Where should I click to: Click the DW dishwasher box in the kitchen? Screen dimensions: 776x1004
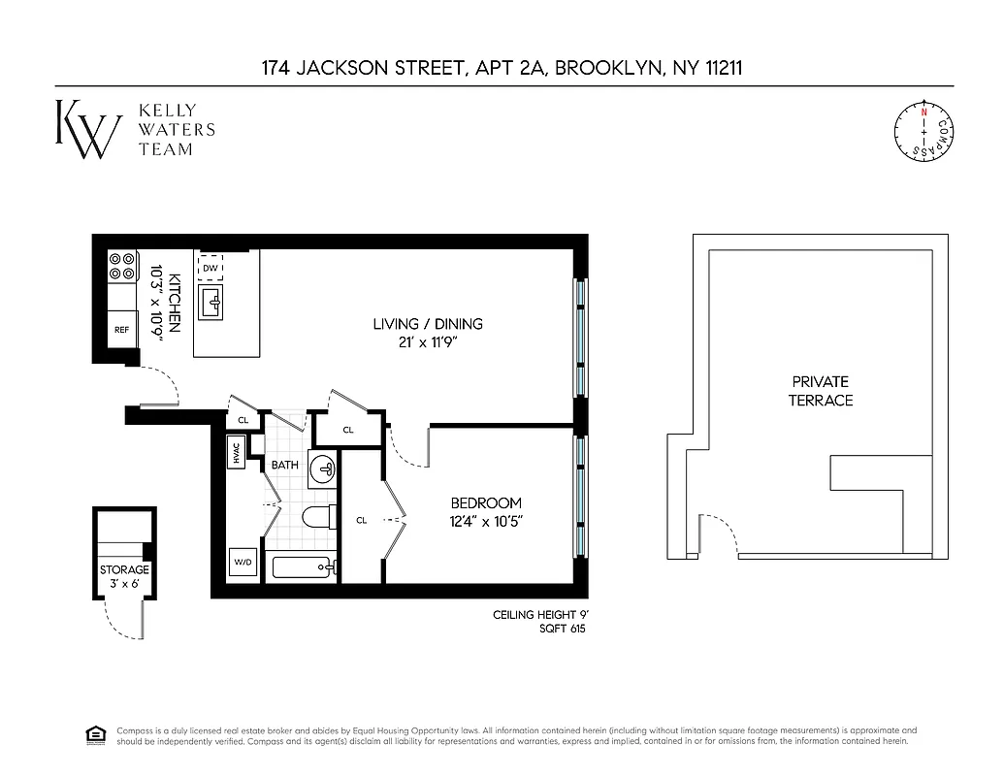[x=211, y=267]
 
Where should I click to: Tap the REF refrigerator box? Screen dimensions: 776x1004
[x=121, y=330]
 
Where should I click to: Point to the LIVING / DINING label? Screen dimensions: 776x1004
[x=428, y=324]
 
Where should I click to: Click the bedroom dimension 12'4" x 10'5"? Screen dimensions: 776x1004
[x=486, y=521]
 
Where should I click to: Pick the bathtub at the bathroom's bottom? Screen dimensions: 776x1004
[x=304, y=565]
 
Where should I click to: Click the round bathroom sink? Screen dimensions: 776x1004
[x=325, y=469]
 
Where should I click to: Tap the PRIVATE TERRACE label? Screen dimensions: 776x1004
[x=820, y=391]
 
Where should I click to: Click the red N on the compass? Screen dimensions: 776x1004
[x=923, y=113]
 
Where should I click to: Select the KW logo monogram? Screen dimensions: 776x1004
[x=87, y=128]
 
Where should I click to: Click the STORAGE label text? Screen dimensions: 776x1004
[x=124, y=570]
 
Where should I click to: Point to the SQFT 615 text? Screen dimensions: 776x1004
[x=562, y=630]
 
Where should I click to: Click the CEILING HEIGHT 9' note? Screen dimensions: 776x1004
[x=540, y=615]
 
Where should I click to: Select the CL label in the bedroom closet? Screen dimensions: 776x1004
[x=361, y=521]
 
